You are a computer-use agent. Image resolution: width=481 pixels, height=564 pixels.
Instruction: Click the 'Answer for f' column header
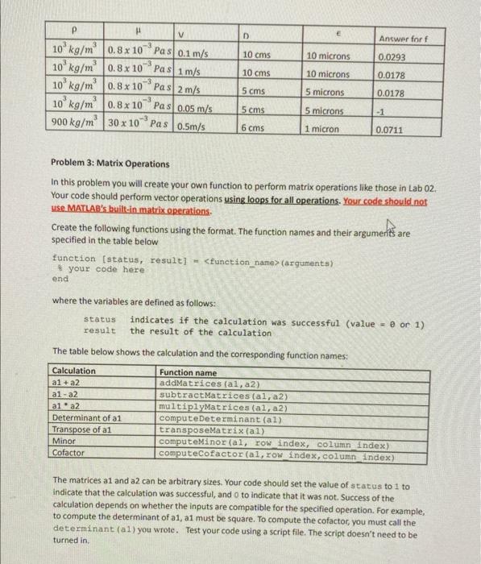[x=400, y=37]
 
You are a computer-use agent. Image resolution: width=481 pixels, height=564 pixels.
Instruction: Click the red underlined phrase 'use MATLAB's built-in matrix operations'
[x=131, y=212]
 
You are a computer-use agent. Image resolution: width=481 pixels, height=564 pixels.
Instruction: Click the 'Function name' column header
[x=188, y=371]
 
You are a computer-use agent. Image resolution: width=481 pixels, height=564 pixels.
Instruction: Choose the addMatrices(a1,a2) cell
[x=205, y=383]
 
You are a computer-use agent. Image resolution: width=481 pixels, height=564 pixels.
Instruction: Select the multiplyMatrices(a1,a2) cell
[x=214, y=408]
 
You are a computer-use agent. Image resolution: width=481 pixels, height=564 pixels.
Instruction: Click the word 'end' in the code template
[x=60, y=280]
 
